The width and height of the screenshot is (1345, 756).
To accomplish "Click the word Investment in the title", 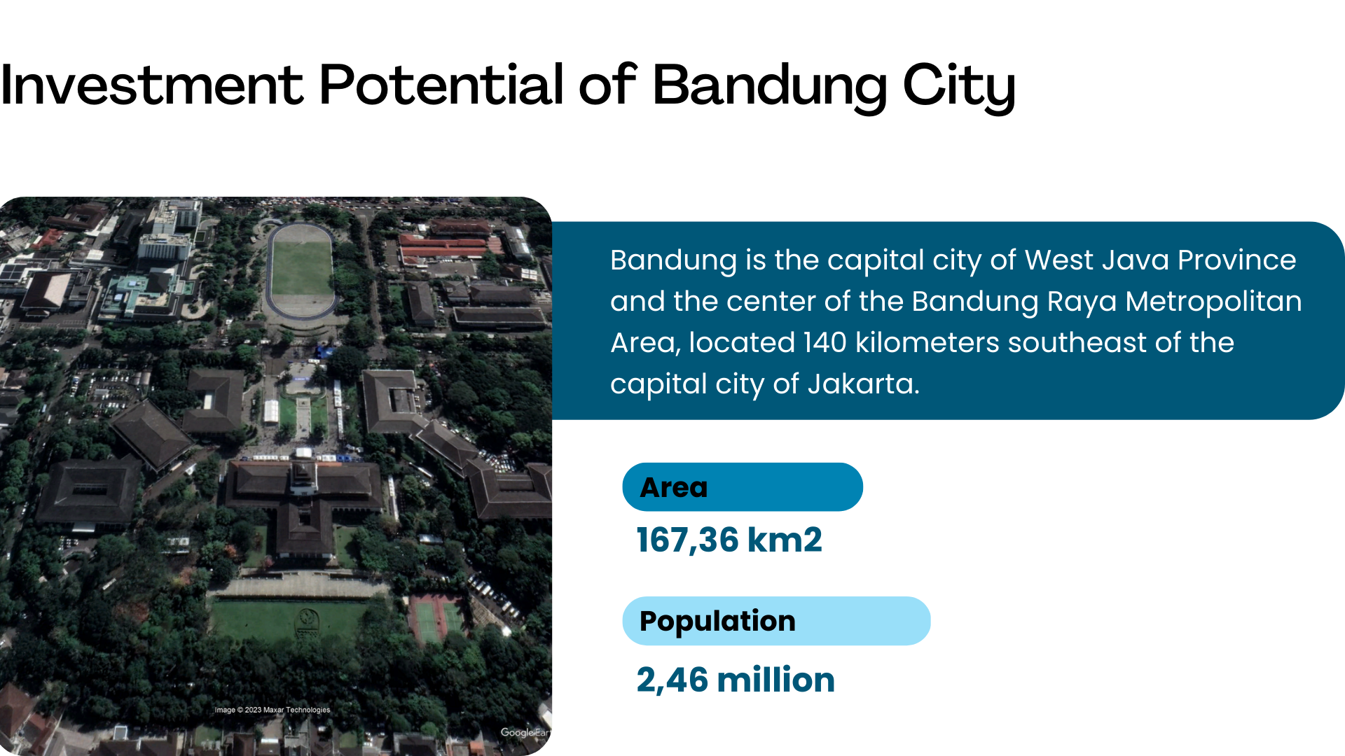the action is (x=152, y=85).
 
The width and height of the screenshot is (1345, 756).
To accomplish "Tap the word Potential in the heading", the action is (x=441, y=85).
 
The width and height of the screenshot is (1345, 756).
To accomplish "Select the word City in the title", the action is (x=959, y=87).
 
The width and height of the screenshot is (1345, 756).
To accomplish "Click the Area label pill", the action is (x=743, y=487).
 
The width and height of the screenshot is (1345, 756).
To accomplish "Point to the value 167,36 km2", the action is (x=729, y=540).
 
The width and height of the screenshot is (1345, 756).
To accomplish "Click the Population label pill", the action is (x=776, y=621).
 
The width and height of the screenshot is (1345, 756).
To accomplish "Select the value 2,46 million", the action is (x=736, y=680).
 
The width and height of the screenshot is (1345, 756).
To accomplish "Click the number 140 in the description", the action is (x=825, y=343).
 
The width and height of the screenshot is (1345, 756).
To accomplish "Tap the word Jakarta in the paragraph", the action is (x=863, y=384).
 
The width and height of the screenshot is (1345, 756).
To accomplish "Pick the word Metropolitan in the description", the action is (x=1213, y=302).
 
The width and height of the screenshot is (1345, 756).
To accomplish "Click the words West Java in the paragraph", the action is (x=1097, y=260).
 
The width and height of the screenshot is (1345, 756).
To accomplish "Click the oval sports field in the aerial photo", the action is (x=301, y=270).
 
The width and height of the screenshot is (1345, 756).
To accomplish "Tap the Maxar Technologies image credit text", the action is (x=273, y=710).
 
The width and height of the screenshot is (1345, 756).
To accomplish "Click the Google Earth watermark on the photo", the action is (x=525, y=732).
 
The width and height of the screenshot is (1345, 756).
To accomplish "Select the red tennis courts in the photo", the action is (x=436, y=619).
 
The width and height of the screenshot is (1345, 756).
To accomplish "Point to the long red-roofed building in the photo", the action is (x=444, y=244).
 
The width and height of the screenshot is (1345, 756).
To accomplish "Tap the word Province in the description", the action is (x=1237, y=260).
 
